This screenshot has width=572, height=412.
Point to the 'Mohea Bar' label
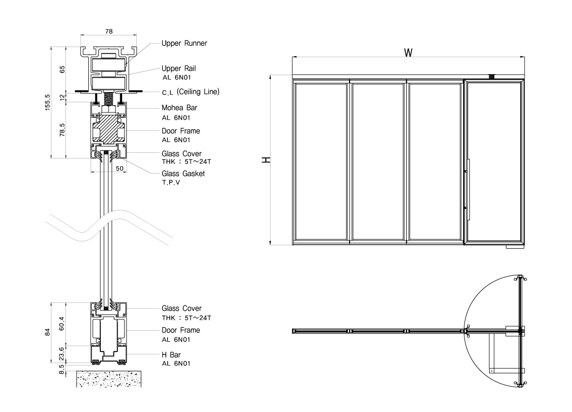point(180,108)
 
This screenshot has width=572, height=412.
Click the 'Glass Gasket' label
point(183,174)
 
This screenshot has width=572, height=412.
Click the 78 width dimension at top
point(109,31)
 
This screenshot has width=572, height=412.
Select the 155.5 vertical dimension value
point(48,102)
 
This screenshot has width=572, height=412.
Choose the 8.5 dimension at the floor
point(61,369)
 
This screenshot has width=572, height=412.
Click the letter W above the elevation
point(408,52)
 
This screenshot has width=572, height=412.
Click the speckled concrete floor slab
point(109,379)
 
